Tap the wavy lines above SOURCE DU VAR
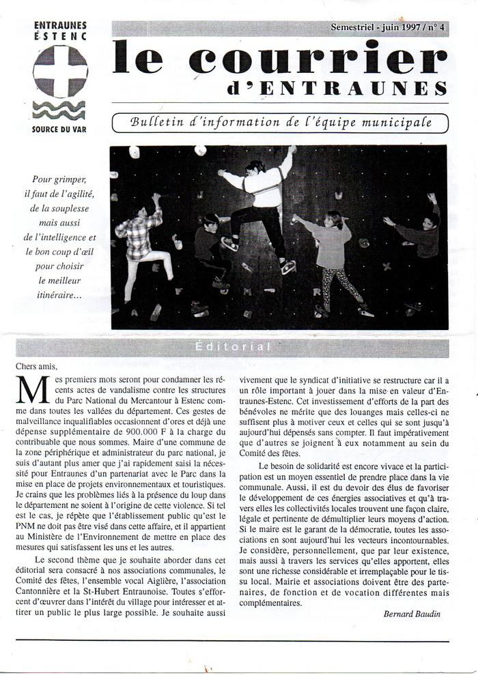click(x=59, y=109)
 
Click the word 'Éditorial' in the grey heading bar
click(x=233, y=347)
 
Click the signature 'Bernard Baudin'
click(x=412, y=614)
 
